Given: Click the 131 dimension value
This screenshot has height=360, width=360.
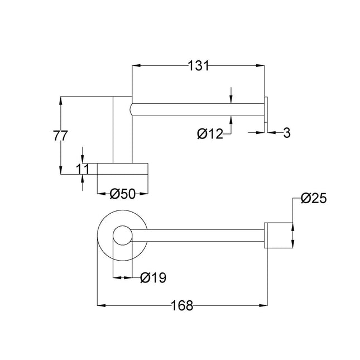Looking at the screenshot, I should (198, 66).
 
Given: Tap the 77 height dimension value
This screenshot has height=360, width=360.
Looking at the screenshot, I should (61, 136).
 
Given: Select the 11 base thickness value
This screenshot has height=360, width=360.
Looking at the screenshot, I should (83, 168).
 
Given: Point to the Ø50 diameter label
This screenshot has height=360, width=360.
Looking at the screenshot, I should (123, 194).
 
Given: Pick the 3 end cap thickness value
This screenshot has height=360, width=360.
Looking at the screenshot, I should (286, 132).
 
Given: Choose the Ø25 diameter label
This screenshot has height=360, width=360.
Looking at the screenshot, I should (313, 198).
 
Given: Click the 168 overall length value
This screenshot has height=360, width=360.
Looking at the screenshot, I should (181, 306).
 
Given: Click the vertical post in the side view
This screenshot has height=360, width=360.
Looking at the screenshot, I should (122, 128).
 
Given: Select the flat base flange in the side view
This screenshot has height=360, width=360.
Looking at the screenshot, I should (123, 169).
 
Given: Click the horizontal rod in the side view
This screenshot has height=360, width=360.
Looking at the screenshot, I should (195, 110).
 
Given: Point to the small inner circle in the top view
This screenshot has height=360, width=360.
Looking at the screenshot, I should (122, 236).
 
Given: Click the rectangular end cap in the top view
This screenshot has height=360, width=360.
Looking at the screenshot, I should (277, 235).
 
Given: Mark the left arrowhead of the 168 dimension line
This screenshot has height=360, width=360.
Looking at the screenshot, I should (101, 306).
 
